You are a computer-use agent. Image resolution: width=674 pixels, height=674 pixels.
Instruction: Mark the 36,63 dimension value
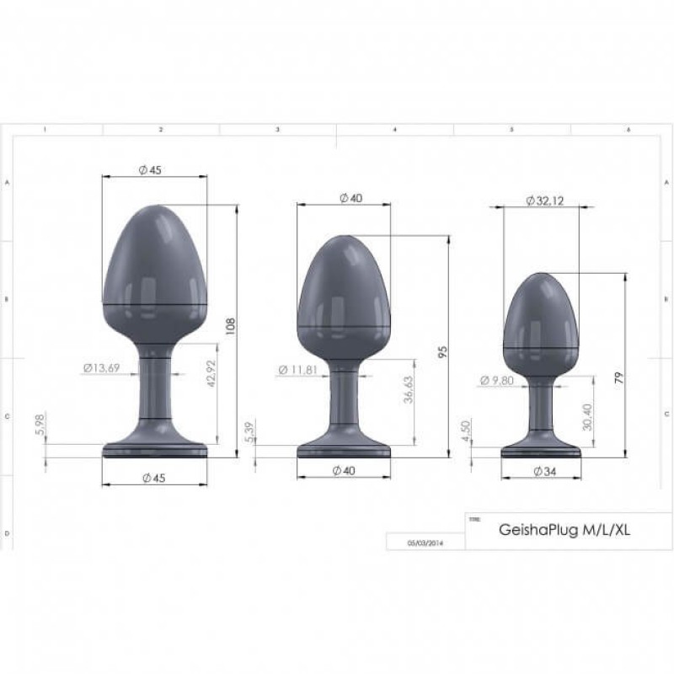click(x=408, y=393)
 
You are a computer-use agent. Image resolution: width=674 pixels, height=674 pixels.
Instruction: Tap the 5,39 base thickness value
click(x=248, y=431)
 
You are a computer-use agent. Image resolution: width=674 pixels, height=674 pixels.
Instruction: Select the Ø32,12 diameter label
click(x=542, y=201)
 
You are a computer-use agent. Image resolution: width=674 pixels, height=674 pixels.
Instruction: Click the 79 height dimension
click(x=619, y=378)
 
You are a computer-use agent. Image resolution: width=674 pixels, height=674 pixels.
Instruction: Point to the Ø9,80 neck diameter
click(x=497, y=381)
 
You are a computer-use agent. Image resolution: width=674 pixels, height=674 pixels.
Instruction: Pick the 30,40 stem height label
click(x=587, y=415)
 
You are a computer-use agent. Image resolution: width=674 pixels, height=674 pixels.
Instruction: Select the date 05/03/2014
click(x=425, y=543)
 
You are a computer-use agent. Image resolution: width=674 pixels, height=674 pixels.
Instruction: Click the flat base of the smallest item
click(x=541, y=451)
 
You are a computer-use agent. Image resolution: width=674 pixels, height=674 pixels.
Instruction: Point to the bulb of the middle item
click(x=344, y=295)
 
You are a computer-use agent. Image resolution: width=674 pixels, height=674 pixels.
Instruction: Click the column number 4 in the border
click(x=395, y=130)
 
